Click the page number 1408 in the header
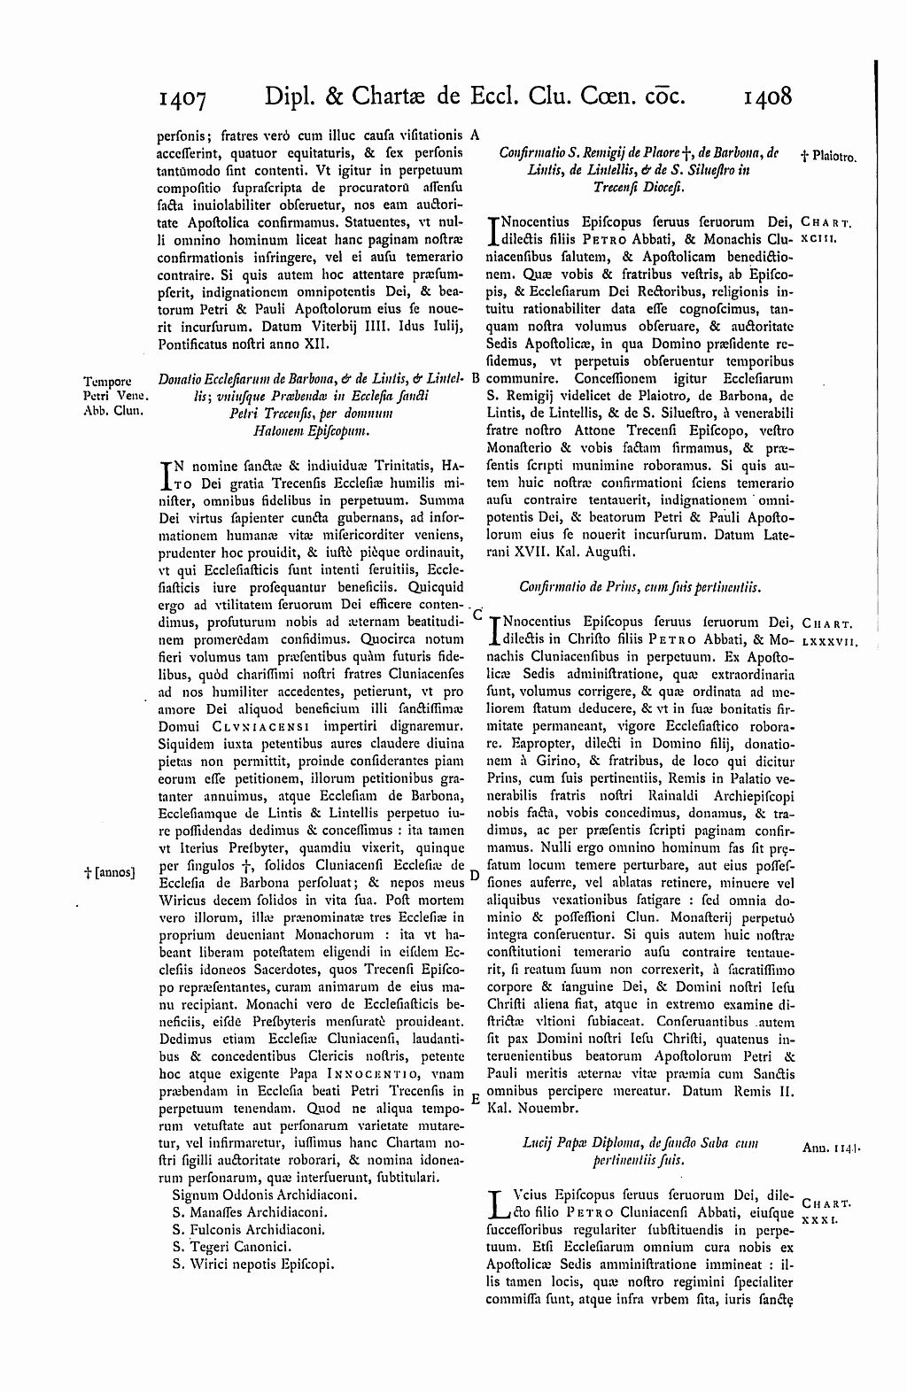pyautogui.click(x=768, y=95)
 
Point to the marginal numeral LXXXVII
pyautogui.click(x=829, y=638)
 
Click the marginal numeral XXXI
pyautogui.click(x=818, y=1219)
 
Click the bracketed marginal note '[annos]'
pyautogui.click(x=109, y=872)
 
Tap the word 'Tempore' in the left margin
pyautogui.click(x=109, y=382)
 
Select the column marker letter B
pyautogui.click(x=475, y=377)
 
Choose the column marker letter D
pyautogui.click(x=475, y=875)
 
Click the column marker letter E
pyautogui.click(x=475, y=1097)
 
